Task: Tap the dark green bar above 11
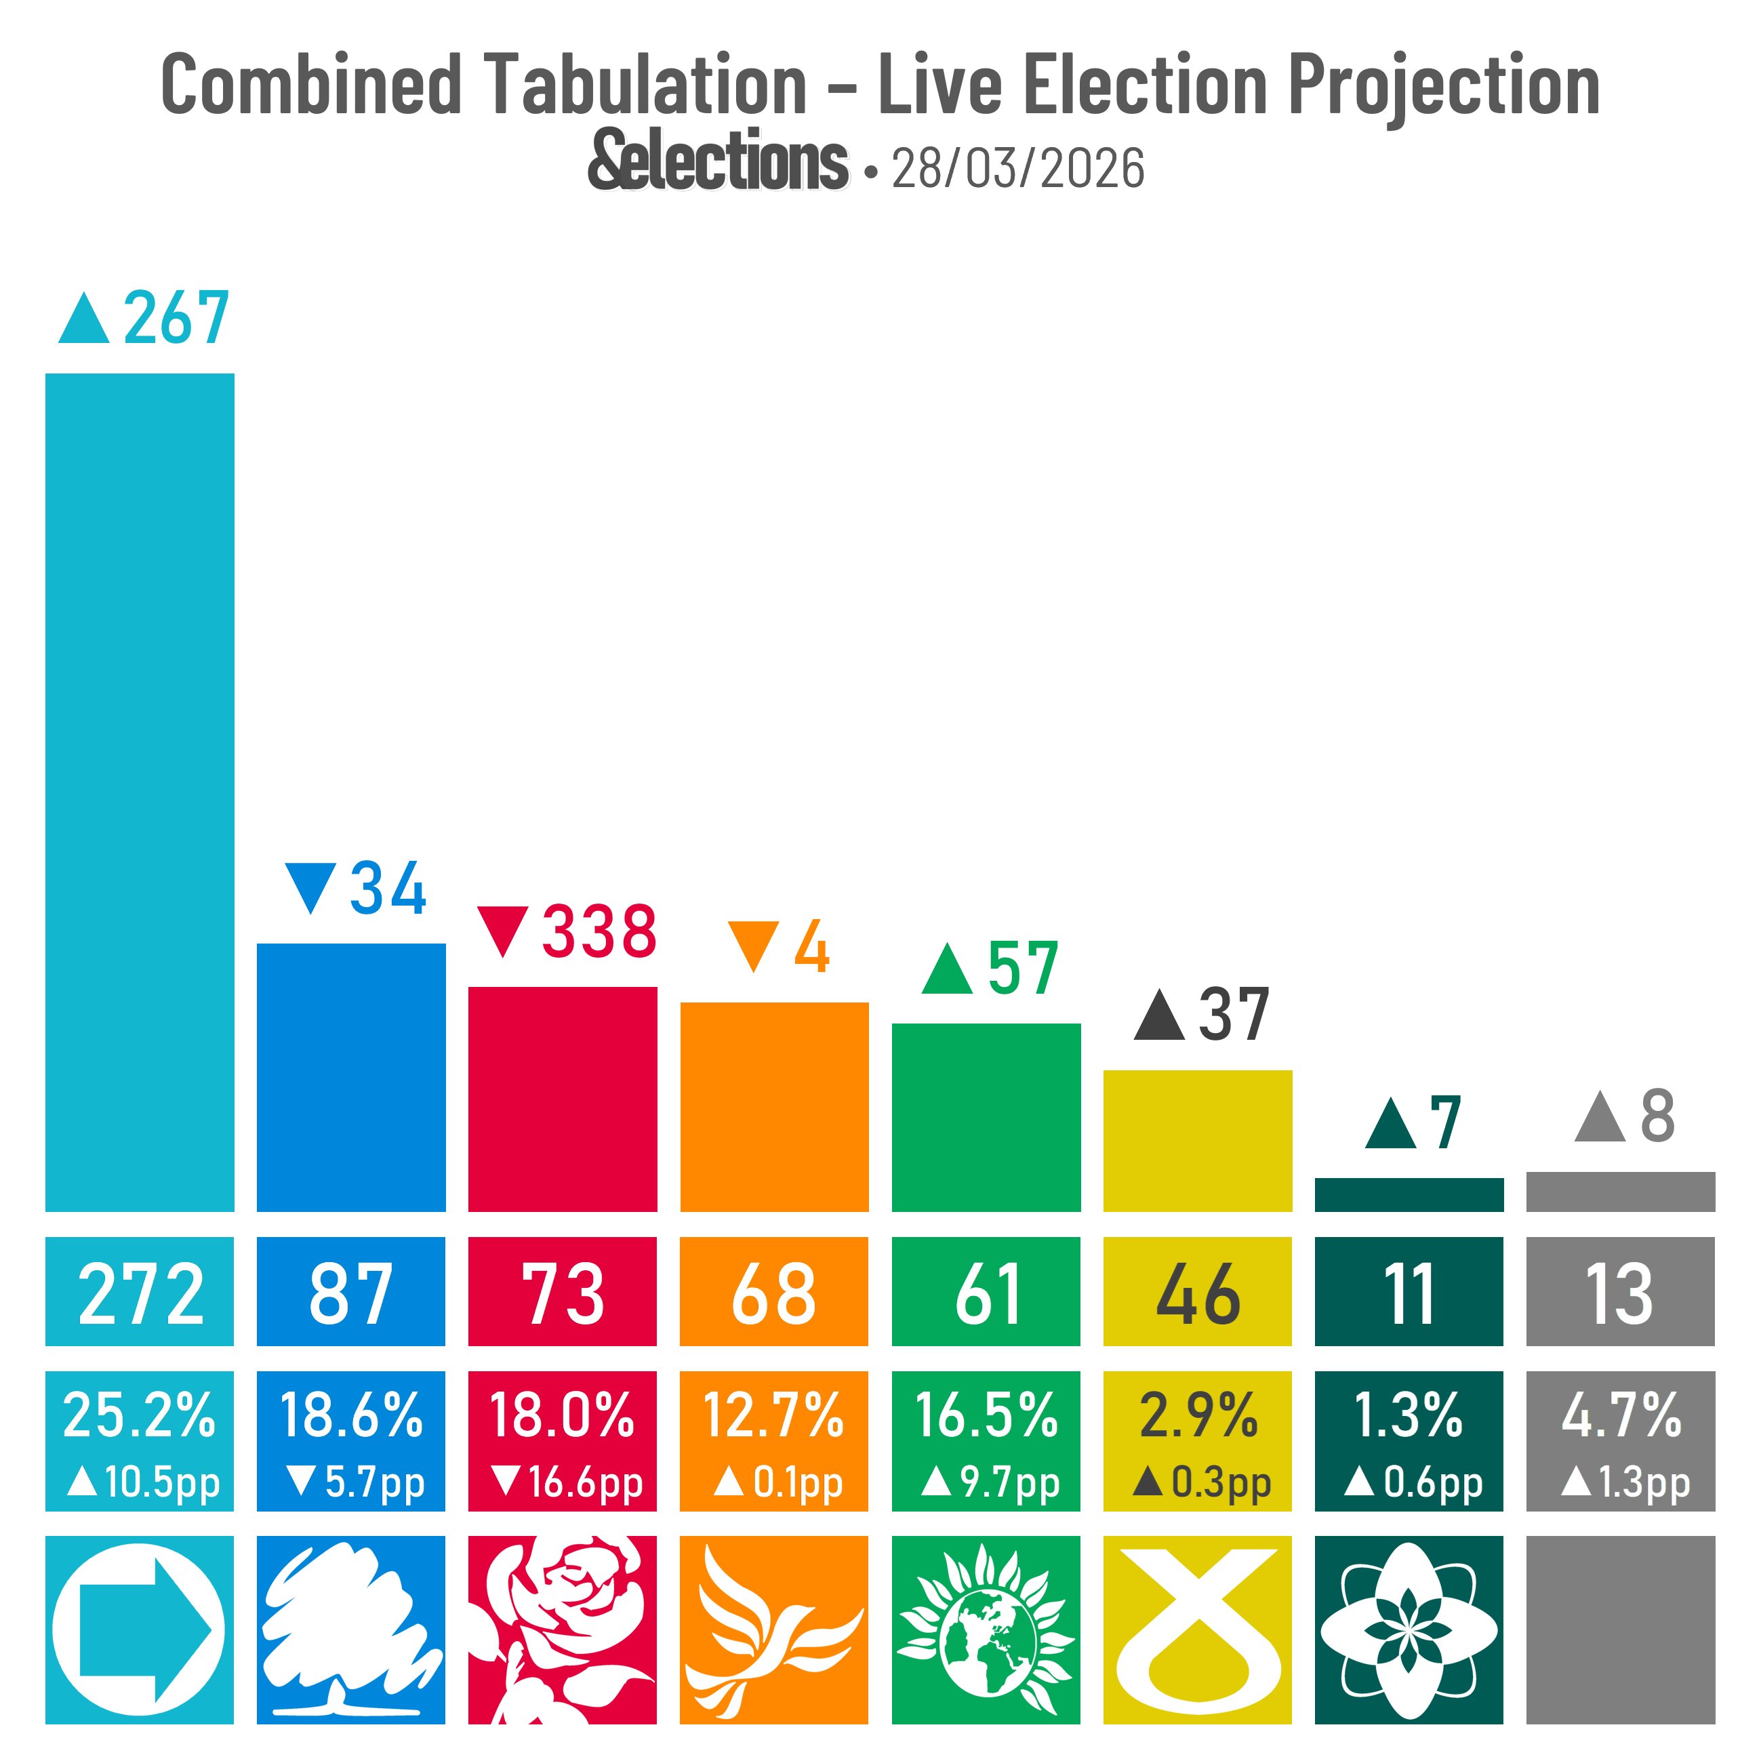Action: pos(1409,1194)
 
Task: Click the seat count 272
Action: pos(140,1293)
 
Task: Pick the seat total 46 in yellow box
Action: pos(1197,1293)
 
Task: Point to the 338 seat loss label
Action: pos(599,933)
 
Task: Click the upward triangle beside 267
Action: pos(84,320)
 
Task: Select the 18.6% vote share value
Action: pos(351,1415)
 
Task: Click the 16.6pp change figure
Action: pos(584,1482)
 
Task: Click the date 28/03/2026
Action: pos(1017,169)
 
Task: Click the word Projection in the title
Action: pos(1444,85)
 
